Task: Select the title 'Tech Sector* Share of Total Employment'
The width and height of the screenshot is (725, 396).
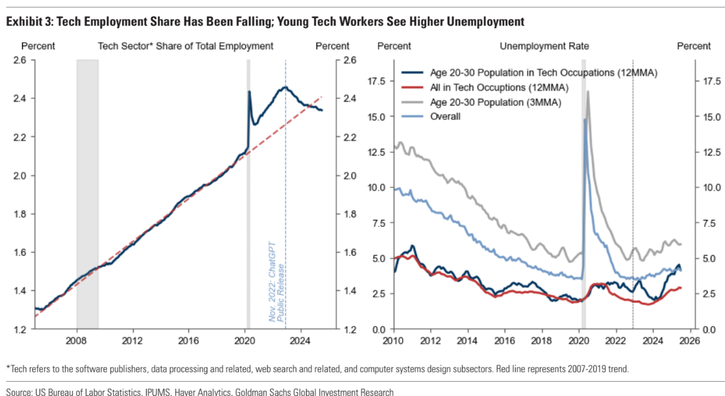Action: (185, 46)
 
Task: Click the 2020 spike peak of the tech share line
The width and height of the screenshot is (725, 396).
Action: (249, 92)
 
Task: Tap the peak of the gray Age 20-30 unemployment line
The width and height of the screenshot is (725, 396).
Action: (588, 92)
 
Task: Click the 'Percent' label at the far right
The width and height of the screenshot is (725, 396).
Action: (693, 46)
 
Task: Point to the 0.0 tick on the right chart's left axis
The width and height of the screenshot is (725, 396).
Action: (378, 330)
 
